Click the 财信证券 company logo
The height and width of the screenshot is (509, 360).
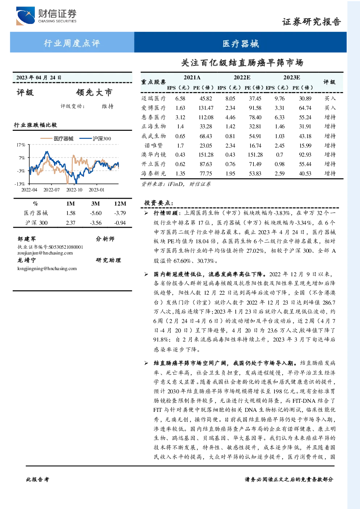pyautogui.click(x=46, y=16)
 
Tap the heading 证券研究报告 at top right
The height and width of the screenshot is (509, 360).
pyautogui.click(x=311, y=22)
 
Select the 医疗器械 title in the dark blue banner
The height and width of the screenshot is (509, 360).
pyautogui.click(x=240, y=44)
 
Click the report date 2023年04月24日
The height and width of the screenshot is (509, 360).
pyautogui.click(x=39, y=78)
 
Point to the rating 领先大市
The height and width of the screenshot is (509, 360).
pyautogui.click(x=94, y=92)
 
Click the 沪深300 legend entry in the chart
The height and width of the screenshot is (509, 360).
pyautogui.click(x=95, y=138)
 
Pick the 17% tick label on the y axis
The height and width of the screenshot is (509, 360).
pyautogui.click(x=21, y=145)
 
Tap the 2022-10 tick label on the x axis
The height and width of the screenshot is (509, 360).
pyautogui.click(x=74, y=190)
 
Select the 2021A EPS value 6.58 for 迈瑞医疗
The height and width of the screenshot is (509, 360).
pyautogui.click(x=180, y=99)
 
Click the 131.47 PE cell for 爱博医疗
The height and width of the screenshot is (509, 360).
pyautogui.click(x=206, y=108)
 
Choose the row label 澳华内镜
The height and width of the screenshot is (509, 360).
pyautogui.click(x=154, y=155)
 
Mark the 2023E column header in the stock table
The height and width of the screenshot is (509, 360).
pyautogui.click(x=291, y=78)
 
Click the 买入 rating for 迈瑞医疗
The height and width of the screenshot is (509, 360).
pyautogui.click(x=330, y=98)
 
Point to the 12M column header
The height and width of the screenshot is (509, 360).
pyautogui.click(x=120, y=204)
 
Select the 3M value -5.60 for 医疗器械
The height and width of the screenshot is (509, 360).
pyautogui.click(x=96, y=213)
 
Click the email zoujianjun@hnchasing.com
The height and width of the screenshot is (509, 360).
pyautogui.click(x=45, y=253)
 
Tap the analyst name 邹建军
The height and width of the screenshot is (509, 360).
pyautogui.click(x=26, y=239)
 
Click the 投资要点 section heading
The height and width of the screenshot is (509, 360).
pyautogui.click(x=159, y=203)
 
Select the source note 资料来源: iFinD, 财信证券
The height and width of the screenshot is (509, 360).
pyautogui.click(x=176, y=184)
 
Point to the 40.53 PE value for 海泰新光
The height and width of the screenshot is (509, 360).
pyautogui.click(x=305, y=174)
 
